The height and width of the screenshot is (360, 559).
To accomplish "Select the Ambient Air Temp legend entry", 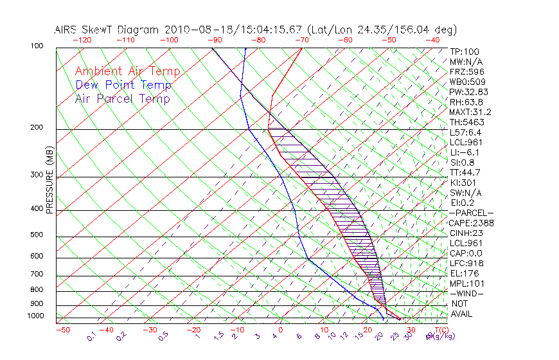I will (127, 71).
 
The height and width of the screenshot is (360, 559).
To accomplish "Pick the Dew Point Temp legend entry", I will (123, 85).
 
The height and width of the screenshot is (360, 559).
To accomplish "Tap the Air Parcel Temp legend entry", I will (122, 98).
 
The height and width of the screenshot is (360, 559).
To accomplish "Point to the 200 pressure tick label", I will (37, 127).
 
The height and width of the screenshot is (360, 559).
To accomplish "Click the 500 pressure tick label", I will (37, 235).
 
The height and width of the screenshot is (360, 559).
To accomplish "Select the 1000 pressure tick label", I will (35, 316).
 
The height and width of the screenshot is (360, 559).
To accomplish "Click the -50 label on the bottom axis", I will (62, 330).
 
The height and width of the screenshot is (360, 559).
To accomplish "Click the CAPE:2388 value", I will (470, 223).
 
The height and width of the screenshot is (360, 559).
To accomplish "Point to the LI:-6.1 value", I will (466, 152).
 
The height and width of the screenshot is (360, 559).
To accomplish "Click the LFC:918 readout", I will (466, 263).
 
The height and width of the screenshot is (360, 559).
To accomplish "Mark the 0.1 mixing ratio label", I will (91, 336).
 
